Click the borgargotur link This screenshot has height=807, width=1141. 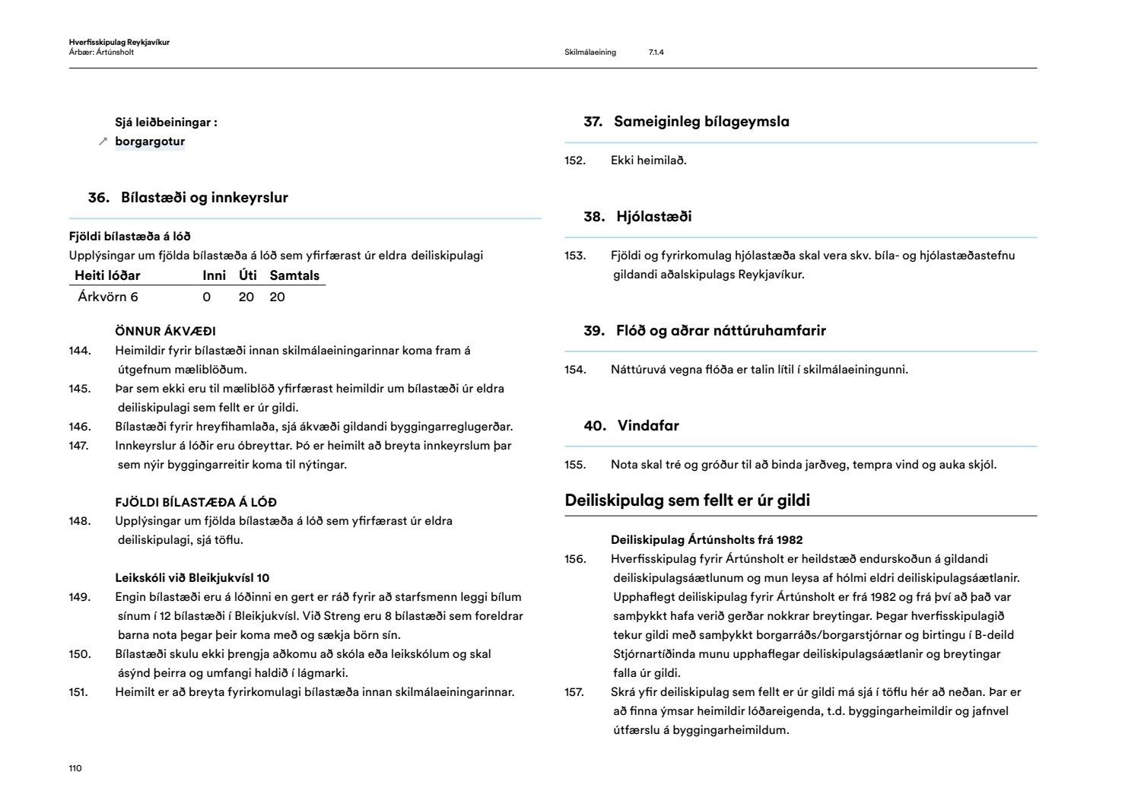click(x=150, y=141)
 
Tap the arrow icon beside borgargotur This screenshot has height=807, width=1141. click(x=103, y=141)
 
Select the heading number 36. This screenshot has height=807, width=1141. click(x=99, y=198)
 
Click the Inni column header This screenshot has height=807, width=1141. click(x=214, y=275)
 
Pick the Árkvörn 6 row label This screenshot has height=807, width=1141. click(x=108, y=297)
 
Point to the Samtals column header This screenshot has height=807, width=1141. click(x=294, y=275)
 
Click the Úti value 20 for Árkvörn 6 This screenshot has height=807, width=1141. click(x=246, y=297)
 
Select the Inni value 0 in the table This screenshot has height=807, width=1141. click(x=206, y=297)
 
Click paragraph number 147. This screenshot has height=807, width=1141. click(x=79, y=446)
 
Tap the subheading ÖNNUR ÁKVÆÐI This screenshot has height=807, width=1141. click(x=165, y=332)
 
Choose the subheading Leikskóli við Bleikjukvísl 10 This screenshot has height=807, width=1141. click(x=192, y=578)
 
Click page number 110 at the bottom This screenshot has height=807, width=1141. click(x=75, y=768)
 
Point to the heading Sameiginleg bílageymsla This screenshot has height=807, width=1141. click(x=701, y=122)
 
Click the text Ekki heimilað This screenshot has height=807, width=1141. click(x=648, y=160)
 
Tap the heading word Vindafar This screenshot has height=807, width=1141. click(x=648, y=426)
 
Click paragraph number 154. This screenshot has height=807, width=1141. click(x=575, y=370)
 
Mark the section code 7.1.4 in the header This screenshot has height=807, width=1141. click(x=656, y=52)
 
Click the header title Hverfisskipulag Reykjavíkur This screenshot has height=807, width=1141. click(x=119, y=43)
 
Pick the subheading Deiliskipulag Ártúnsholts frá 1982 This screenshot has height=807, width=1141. click(x=707, y=540)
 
